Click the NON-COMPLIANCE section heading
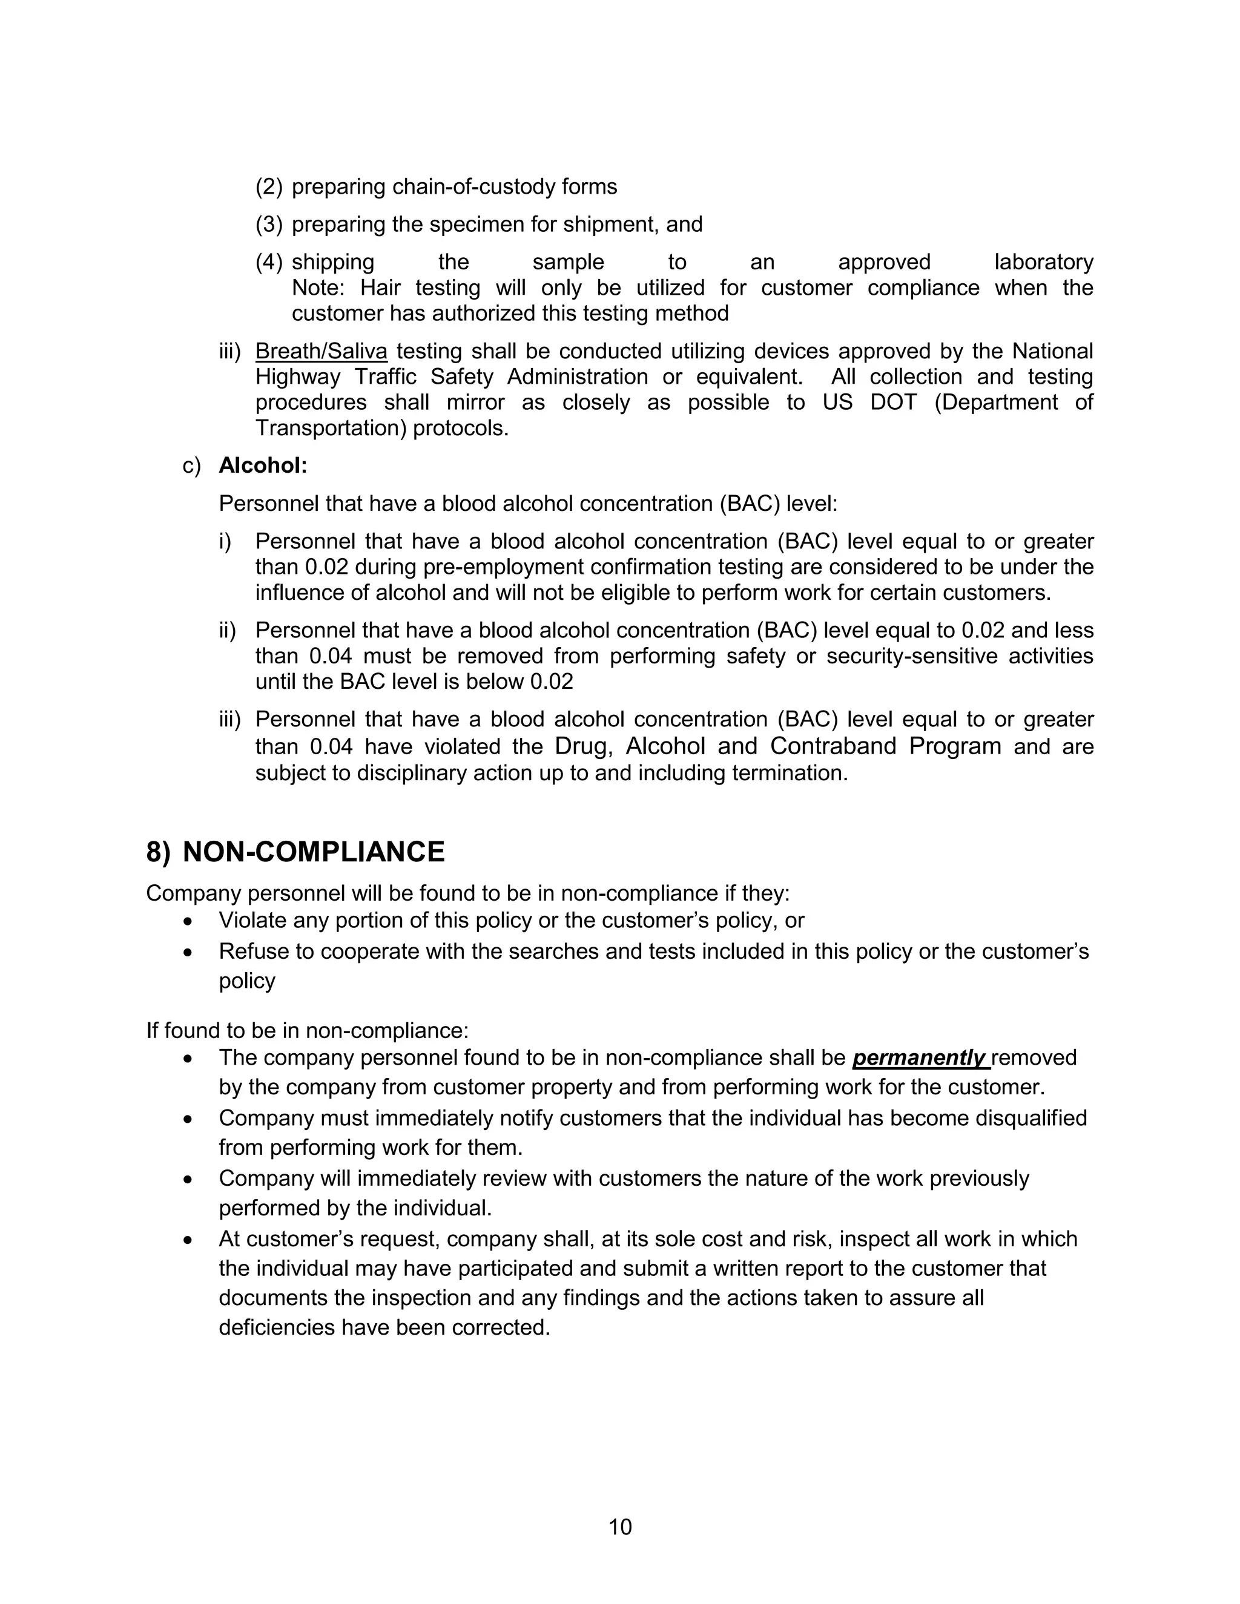[x=313, y=852]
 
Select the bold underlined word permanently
[x=918, y=1057]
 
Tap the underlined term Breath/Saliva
[x=321, y=351]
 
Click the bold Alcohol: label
[x=263, y=465]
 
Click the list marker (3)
[x=269, y=224]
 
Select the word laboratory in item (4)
[x=1043, y=262]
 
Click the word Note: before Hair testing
[x=317, y=288]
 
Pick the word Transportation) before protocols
[x=331, y=428]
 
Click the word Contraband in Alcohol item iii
[x=833, y=746]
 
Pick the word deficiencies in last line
[x=277, y=1328]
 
